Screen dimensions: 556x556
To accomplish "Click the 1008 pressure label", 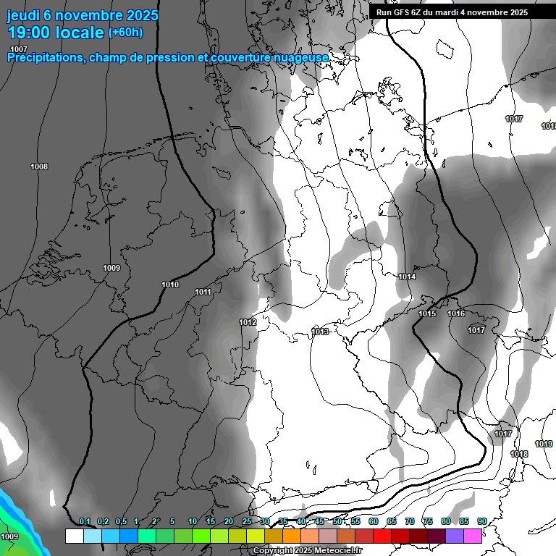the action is pyautogui.click(x=39, y=167).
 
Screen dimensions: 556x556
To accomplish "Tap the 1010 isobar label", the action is pyautogui.click(x=170, y=285).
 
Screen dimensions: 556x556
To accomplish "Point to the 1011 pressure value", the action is pyautogui.click(x=203, y=292).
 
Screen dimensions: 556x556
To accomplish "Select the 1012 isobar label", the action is pyautogui.click(x=248, y=322).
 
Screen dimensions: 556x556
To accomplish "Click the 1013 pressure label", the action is pyautogui.click(x=320, y=332).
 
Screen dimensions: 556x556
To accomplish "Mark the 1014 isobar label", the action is pyautogui.click(x=407, y=277).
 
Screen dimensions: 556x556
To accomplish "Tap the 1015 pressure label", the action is pyautogui.click(x=427, y=313).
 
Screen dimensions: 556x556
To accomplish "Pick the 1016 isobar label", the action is pyautogui.click(x=456, y=313).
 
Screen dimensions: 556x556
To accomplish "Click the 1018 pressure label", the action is pyautogui.click(x=519, y=454).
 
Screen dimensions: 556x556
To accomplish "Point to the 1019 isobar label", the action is pyautogui.click(x=544, y=444).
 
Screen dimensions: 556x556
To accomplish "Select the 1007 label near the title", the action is pyautogui.click(x=19, y=49).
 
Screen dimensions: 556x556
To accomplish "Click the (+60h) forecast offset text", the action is pyautogui.click(x=125, y=33).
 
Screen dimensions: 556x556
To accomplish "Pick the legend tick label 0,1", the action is pyautogui.click(x=85, y=522).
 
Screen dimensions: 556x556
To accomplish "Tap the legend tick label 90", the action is pyautogui.click(x=482, y=522).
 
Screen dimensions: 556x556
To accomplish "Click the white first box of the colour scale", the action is pyautogui.click(x=74, y=536).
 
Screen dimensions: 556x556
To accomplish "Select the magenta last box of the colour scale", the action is pyautogui.click(x=473, y=536).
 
